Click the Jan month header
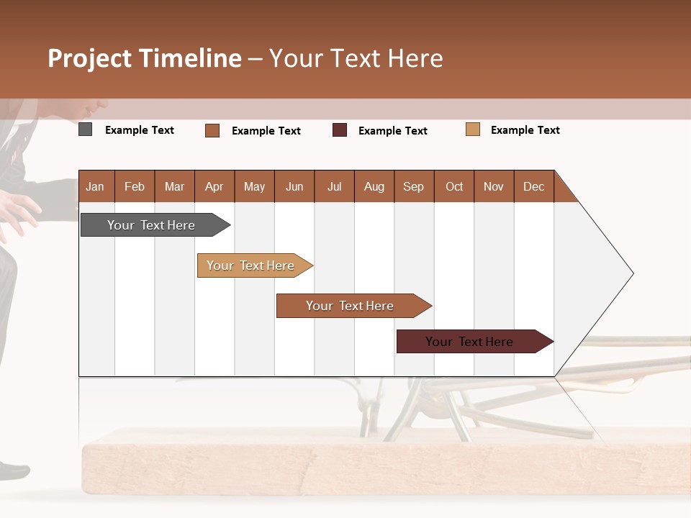click(96, 186)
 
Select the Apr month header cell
click(214, 186)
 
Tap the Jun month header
click(294, 186)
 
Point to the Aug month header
click(374, 186)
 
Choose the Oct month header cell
click(454, 186)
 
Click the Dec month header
click(533, 186)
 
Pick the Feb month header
click(135, 186)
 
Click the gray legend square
click(86, 129)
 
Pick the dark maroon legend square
click(340, 129)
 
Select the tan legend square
click(473, 129)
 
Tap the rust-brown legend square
click(212, 130)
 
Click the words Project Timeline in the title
click(145, 58)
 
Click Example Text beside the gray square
click(140, 130)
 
